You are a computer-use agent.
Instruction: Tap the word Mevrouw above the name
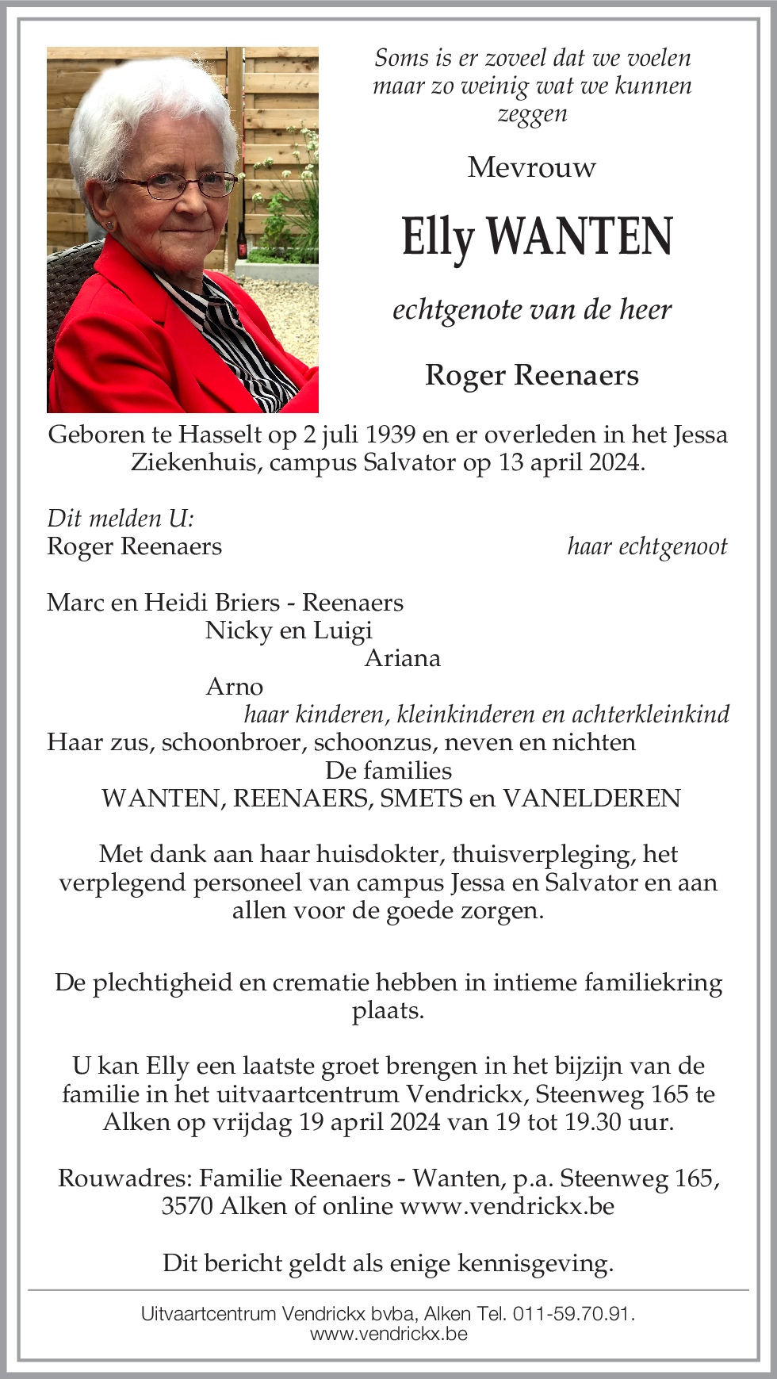pos(531,167)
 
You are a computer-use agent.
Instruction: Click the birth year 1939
pos(388,435)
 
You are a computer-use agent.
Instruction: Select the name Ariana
pos(402,658)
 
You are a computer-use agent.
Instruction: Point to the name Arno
pos(234,687)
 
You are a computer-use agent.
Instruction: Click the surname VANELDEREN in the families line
pos(591,799)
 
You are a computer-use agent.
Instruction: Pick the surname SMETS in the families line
pos(421,799)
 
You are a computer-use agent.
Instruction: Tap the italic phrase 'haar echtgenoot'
pos(647,546)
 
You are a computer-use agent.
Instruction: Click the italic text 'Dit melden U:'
pos(121,519)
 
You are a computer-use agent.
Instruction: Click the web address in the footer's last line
pos(388,1334)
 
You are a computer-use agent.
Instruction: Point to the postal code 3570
pos(187,1206)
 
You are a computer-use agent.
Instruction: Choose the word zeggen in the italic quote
pos(532,113)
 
